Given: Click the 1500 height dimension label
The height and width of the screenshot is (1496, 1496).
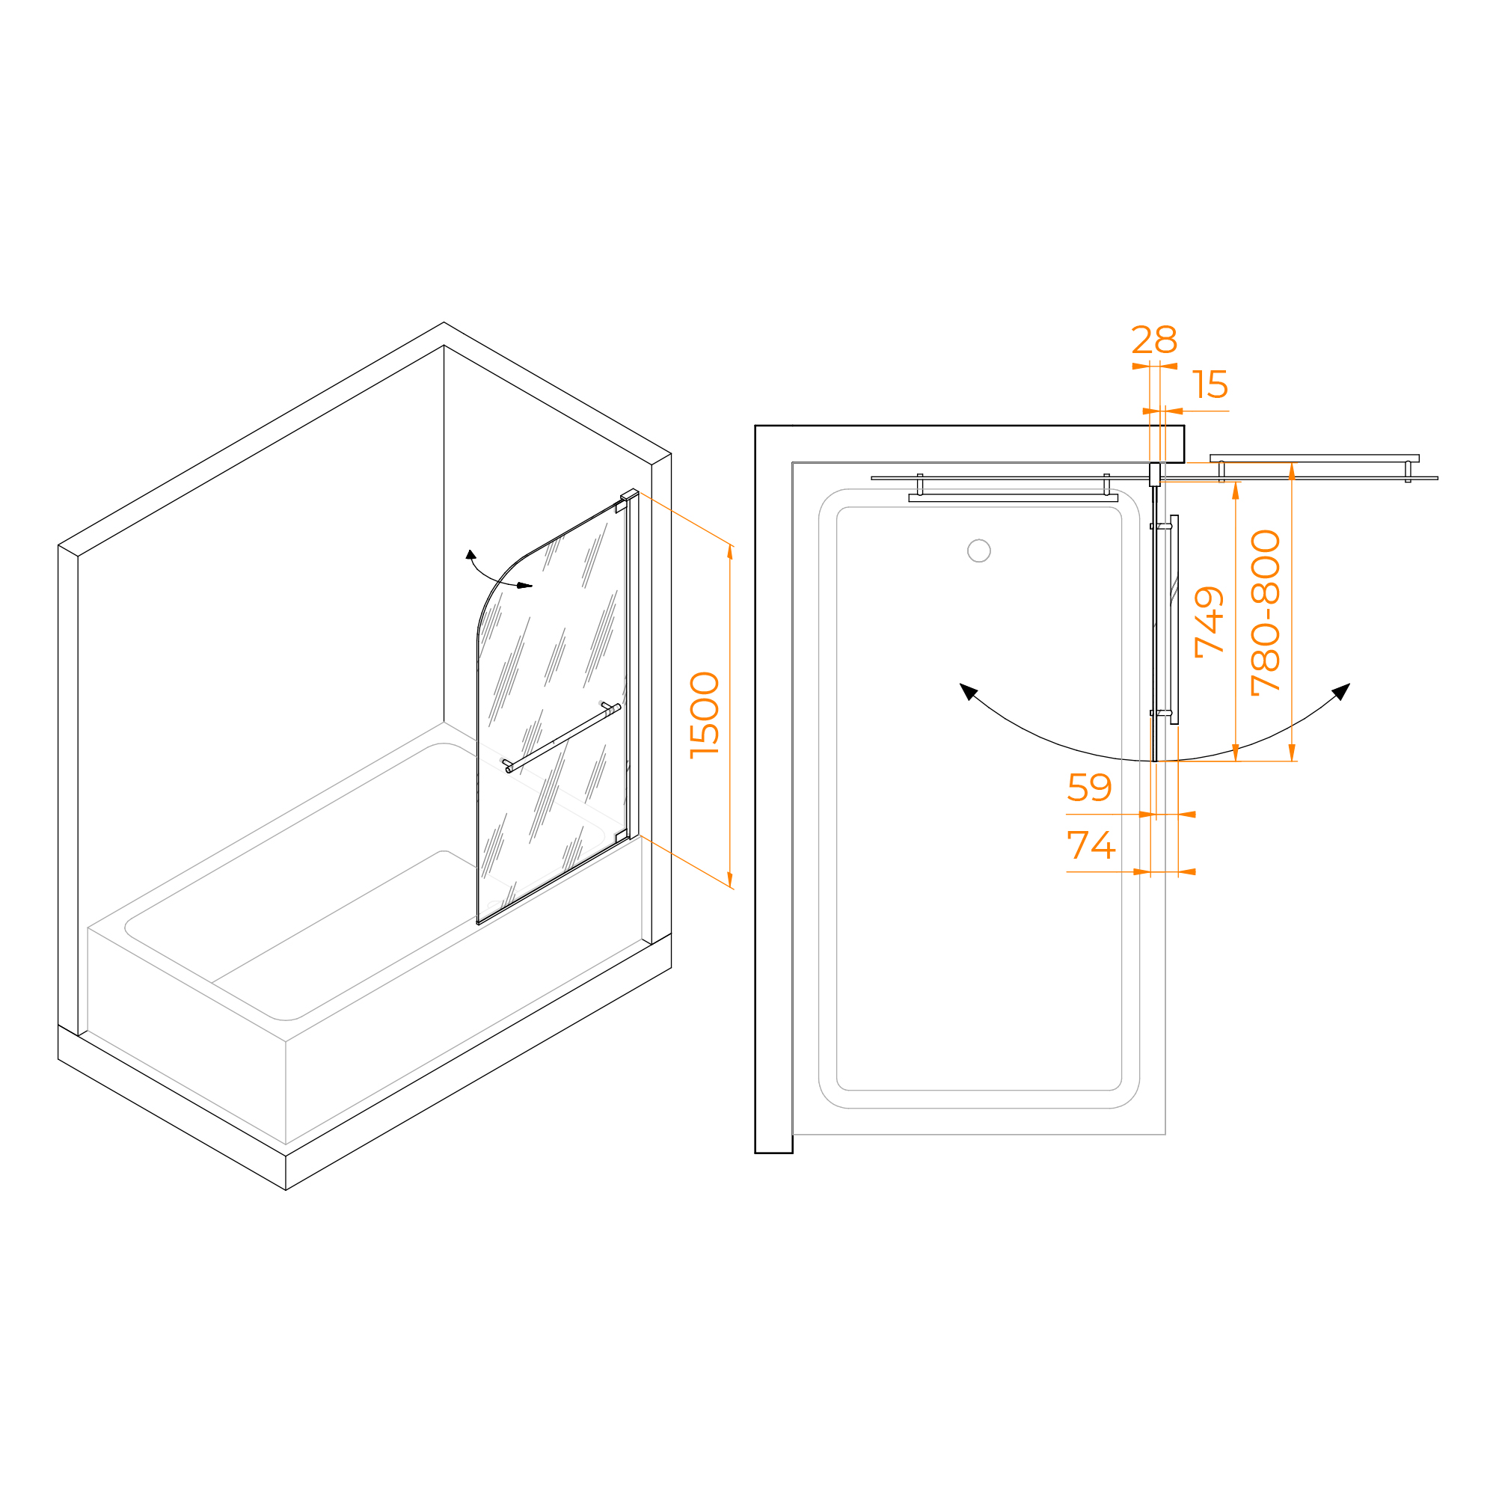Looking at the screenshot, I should click(x=704, y=714).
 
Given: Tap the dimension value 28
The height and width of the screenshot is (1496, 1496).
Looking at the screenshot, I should click(x=1153, y=340).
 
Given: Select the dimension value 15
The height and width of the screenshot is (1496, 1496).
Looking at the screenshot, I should click(x=1210, y=384).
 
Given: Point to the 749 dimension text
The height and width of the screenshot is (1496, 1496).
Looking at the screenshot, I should click(x=1209, y=622).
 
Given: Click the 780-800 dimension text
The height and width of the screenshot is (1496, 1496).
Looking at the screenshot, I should click(x=1266, y=613).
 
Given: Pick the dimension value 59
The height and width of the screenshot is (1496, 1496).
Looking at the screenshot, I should click(x=1088, y=788).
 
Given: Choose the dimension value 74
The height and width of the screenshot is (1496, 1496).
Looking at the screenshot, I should click(x=1091, y=844).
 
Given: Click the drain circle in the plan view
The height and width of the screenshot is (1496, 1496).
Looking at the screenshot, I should click(x=978, y=551).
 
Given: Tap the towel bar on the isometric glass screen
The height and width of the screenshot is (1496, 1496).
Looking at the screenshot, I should click(x=562, y=738).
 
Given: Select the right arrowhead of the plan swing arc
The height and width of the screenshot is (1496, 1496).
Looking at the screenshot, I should click(x=1341, y=690).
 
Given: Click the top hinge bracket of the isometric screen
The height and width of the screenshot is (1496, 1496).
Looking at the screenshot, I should click(x=621, y=506).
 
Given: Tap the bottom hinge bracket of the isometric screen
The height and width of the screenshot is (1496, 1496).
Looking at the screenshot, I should click(x=621, y=836).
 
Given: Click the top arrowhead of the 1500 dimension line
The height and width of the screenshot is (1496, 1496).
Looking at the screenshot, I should click(x=729, y=551).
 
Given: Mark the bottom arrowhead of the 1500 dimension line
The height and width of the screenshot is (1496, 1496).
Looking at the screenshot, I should click(x=729, y=880).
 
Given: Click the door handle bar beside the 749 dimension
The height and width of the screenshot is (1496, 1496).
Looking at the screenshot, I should click(x=1174, y=619).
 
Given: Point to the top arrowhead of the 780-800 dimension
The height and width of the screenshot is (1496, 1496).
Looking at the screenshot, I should click(x=1292, y=470).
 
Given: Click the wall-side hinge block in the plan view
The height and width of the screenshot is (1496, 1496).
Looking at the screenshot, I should click(x=1154, y=474).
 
